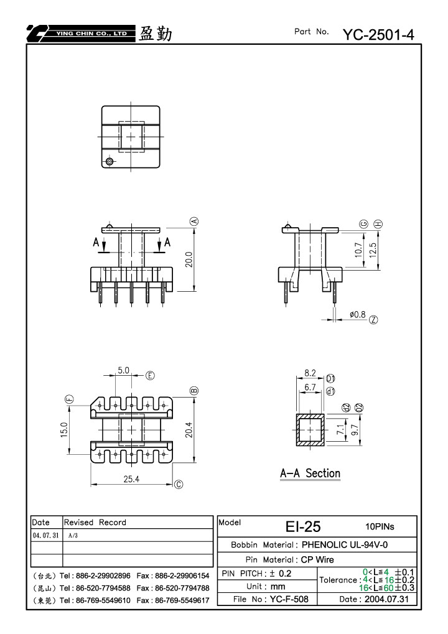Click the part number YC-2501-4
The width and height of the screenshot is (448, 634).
(x=378, y=35)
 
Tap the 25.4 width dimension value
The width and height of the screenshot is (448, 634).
(x=131, y=479)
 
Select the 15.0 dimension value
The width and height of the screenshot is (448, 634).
(x=64, y=429)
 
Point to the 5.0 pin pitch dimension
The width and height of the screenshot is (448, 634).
(x=124, y=370)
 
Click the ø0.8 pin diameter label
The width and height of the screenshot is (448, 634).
(x=357, y=315)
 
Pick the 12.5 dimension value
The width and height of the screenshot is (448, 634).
(x=373, y=250)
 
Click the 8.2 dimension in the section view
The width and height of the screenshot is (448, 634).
(x=310, y=373)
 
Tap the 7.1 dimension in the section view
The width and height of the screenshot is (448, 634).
(x=342, y=429)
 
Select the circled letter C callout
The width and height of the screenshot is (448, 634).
(x=179, y=485)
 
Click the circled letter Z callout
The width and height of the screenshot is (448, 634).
(x=373, y=320)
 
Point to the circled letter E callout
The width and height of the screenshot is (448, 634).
(x=150, y=376)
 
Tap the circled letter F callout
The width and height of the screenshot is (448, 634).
(x=70, y=399)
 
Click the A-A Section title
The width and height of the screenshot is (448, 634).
(x=310, y=473)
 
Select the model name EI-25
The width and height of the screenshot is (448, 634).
(x=303, y=526)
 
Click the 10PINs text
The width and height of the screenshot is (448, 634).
(x=380, y=526)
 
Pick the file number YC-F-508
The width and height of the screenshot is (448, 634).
(x=289, y=599)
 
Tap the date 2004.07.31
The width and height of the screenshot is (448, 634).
(x=386, y=599)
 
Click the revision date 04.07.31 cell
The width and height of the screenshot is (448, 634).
(x=45, y=535)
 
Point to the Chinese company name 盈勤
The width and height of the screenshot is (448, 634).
(x=156, y=34)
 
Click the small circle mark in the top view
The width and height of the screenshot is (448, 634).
(x=109, y=162)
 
